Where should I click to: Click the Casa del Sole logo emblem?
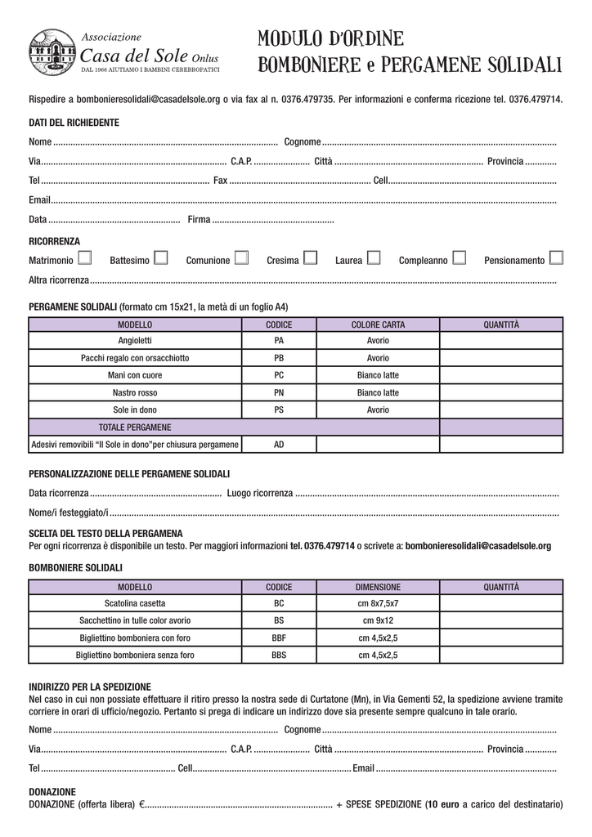(x=52, y=52)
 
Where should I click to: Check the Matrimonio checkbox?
(x=85, y=259)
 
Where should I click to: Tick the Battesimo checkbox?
(x=160, y=259)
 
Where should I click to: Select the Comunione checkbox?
(x=240, y=259)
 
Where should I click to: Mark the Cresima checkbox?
(x=310, y=259)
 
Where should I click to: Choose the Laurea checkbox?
(x=374, y=259)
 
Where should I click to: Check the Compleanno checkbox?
(x=459, y=259)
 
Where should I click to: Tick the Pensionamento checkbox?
(x=556, y=259)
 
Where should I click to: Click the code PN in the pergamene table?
(x=279, y=392)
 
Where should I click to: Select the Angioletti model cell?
(x=135, y=340)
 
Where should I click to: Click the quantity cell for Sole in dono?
(x=500, y=410)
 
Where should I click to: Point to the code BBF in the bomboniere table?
(x=279, y=638)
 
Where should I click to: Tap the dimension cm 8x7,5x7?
(x=378, y=603)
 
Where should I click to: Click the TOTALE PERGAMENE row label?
(x=135, y=427)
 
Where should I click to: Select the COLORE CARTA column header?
(x=378, y=325)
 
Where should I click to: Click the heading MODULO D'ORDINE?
(x=330, y=38)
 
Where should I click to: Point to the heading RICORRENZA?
(x=54, y=242)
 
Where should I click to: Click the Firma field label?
(x=199, y=220)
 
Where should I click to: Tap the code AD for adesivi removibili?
(x=279, y=445)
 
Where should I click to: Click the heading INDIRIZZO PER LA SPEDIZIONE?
(x=90, y=687)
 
